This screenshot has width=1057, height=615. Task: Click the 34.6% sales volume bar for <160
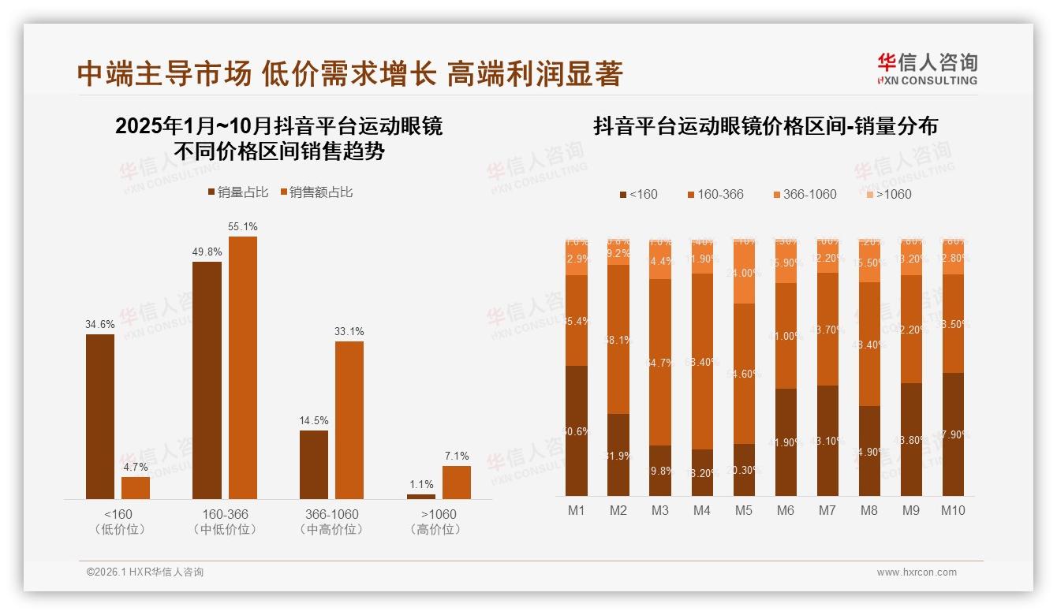[x=100, y=416]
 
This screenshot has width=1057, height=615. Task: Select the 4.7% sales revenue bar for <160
[x=136, y=487]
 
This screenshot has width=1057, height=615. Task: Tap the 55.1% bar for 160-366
[x=243, y=367]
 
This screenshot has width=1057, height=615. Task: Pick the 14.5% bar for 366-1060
[x=314, y=464]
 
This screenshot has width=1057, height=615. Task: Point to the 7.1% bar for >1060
[x=456, y=482]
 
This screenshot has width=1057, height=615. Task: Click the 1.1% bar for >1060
[x=421, y=496]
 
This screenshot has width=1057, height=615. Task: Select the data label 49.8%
[x=207, y=252]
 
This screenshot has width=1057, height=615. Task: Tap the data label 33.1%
[x=349, y=331]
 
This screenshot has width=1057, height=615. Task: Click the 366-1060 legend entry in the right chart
[x=804, y=194]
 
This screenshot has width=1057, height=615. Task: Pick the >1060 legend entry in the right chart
[x=888, y=194]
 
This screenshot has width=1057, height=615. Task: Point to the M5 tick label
[x=744, y=510]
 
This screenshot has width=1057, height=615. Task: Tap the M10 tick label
[x=953, y=510]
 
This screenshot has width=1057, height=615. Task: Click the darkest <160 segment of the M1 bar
[x=577, y=430]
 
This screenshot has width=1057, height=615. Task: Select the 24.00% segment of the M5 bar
[x=744, y=273]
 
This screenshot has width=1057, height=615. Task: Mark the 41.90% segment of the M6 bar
[x=786, y=442]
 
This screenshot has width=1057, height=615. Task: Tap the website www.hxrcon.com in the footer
[x=917, y=572]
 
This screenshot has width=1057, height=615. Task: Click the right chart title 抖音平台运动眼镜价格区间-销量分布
[x=765, y=126]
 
